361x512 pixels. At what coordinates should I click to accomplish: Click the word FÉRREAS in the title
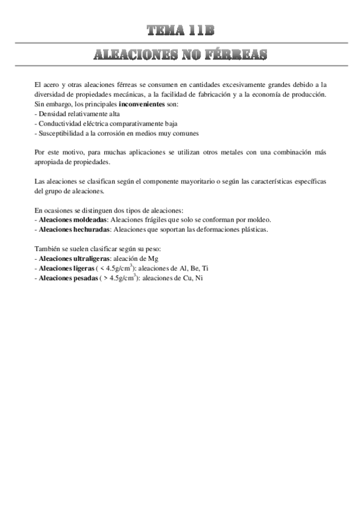coord(237,56)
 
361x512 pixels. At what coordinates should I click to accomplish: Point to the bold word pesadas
coord(85,278)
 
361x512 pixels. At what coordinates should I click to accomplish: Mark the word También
coord(48,249)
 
